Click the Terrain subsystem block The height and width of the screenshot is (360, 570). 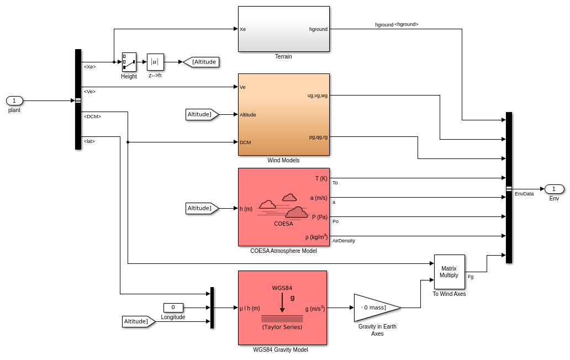[283, 29]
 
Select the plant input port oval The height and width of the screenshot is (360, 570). [14, 100]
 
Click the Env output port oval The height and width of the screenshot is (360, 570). [554, 189]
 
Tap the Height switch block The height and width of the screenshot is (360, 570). [129, 62]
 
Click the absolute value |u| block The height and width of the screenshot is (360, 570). [155, 62]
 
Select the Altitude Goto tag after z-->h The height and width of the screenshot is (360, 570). [202, 62]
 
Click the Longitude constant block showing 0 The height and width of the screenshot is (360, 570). [173, 308]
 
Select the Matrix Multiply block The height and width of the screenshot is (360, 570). [449, 272]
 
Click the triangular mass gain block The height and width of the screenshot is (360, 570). [376, 308]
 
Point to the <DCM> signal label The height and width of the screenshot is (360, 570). [92, 117]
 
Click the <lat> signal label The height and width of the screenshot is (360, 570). [89, 141]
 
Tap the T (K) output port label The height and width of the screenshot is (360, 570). [321, 178]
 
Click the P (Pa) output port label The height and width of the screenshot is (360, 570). [319, 217]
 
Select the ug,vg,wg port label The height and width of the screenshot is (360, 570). [317, 96]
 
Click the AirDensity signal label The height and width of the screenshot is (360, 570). [344, 241]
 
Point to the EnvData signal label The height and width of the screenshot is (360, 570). [524, 194]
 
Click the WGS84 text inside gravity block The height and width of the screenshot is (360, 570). [282, 288]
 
